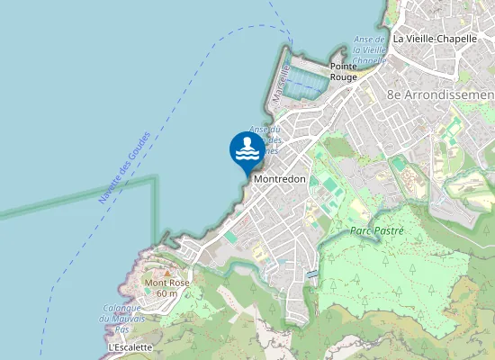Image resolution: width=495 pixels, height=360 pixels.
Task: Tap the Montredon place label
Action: point(280,179)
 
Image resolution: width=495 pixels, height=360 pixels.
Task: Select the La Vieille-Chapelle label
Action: point(435,40)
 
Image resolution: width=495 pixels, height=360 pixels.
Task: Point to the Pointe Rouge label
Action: point(343,71)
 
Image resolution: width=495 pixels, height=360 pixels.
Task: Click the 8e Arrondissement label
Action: point(440,94)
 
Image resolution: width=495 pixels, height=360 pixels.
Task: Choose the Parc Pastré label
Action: point(377,231)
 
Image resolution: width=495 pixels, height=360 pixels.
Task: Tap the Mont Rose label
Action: point(166,283)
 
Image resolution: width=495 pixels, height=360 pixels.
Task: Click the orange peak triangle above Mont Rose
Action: point(166,272)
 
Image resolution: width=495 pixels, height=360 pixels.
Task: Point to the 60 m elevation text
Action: point(166,293)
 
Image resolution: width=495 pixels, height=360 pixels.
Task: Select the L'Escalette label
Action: point(130,346)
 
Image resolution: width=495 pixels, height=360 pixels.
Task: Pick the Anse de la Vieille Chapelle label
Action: point(369,50)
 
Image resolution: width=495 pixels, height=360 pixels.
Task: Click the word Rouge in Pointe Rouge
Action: point(343,76)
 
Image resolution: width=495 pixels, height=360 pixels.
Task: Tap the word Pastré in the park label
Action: point(391,231)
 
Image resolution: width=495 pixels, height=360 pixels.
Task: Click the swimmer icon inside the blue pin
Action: point(247,148)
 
